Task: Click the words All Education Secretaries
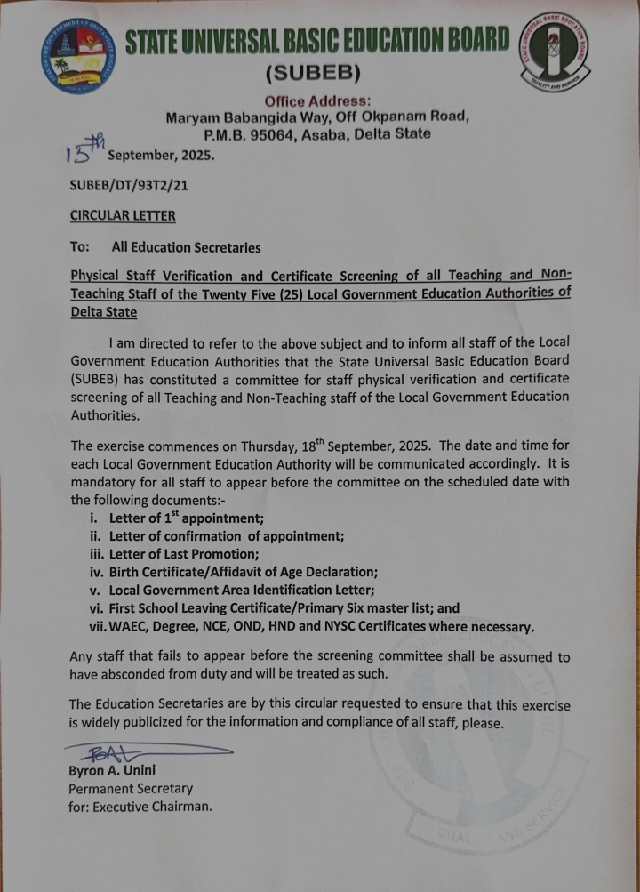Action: (186, 247)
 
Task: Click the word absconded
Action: (140, 673)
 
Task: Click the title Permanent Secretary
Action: (131, 788)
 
